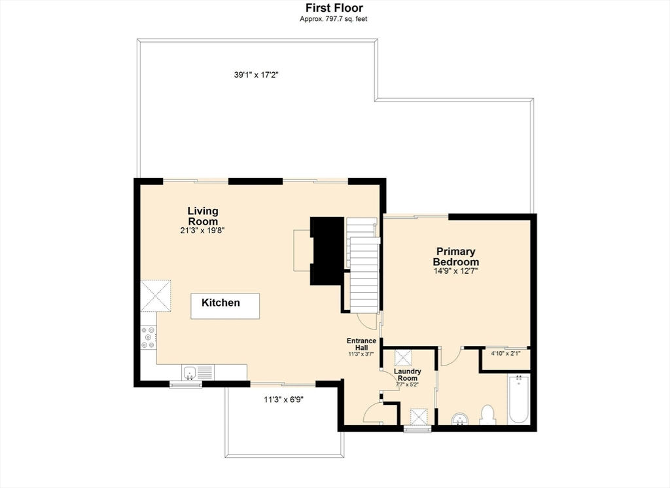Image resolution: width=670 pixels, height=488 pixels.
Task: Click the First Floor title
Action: coord(334,8)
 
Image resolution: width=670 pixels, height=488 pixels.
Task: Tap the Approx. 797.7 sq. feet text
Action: coord(333,19)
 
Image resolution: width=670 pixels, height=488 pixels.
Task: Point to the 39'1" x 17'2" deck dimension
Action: coord(256,75)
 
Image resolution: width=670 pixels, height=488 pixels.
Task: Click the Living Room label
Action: coord(203,216)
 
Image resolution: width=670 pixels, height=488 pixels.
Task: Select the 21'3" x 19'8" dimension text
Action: coord(203,231)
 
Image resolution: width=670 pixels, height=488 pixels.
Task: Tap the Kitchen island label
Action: coord(220,303)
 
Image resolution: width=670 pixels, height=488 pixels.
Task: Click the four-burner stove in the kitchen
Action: coord(149,337)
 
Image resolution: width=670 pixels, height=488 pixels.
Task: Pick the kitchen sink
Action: coord(189,373)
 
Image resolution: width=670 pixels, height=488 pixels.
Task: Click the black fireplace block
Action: coord(328,251)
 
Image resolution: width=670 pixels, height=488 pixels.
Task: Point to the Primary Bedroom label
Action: coord(456,257)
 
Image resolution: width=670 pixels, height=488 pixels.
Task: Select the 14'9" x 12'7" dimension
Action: coord(456,271)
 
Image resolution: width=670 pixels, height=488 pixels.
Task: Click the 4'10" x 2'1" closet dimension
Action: coord(506,354)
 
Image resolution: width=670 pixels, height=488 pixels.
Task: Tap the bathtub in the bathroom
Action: coord(519,399)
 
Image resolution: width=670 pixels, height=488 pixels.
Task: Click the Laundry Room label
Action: coord(407,375)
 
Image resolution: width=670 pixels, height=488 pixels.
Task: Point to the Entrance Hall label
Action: coord(361,345)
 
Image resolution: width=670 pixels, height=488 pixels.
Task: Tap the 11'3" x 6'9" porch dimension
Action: coord(284,400)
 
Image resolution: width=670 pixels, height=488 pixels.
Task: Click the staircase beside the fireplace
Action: coord(362,265)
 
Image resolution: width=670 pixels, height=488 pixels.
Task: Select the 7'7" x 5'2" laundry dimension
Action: coord(407,384)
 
